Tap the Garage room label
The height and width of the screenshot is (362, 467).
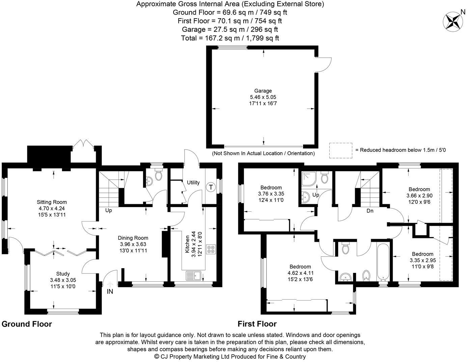(263, 91)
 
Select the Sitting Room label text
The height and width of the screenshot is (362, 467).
(52, 202)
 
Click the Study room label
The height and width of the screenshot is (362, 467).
(63, 274)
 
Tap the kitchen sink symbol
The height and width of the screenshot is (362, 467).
(193, 276)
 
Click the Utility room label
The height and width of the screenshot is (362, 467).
(193, 183)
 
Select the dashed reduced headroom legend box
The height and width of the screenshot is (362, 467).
(340, 150)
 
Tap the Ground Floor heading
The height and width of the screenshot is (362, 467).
(27, 324)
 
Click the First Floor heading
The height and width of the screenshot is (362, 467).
(257, 324)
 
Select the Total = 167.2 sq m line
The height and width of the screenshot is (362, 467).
(230, 38)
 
